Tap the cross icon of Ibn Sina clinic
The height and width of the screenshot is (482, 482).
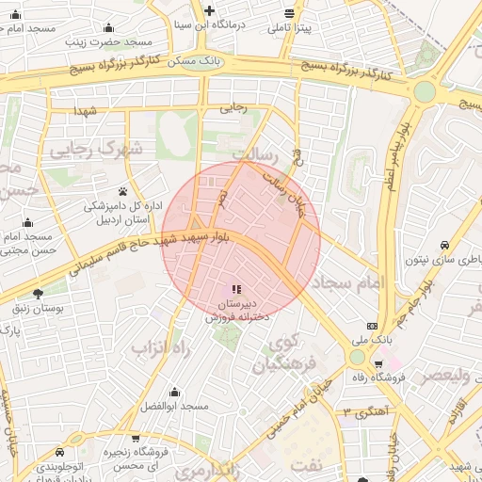click(209, 10)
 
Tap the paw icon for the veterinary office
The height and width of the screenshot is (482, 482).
click(123, 191)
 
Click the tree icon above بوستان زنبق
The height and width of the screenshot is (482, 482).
click(38, 293)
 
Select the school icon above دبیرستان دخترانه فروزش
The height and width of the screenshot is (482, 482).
click(236, 289)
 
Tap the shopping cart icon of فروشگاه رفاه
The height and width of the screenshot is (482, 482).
click(378, 364)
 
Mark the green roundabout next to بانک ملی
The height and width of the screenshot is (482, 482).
click(357, 359)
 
